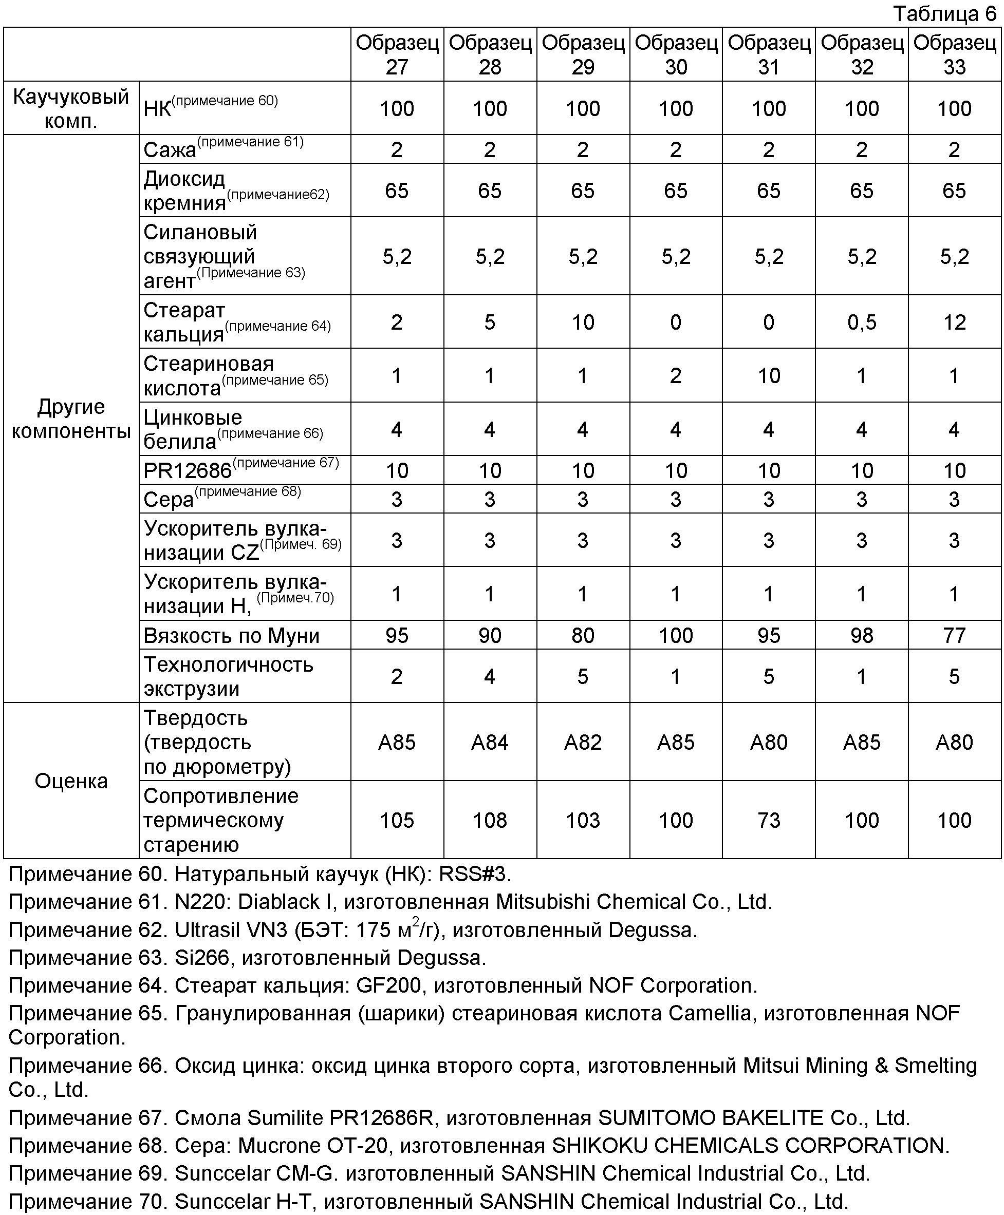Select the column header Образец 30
click(x=676, y=54)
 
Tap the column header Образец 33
click(x=954, y=54)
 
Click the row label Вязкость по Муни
click(x=231, y=636)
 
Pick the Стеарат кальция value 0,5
click(x=862, y=322)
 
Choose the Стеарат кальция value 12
click(x=954, y=322)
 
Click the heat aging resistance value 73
click(x=769, y=820)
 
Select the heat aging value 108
click(x=490, y=820)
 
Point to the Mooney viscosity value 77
click(x=954, y=636)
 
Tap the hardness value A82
click(x=583, y=742)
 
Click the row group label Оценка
click(x=71, y=781)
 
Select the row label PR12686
click(x=188, y=471)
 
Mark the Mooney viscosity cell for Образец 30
click(x=676, y=636)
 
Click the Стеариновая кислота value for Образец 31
click(x=769, y=376)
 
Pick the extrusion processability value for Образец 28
click(x=490, y=676)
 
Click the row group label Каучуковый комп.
click(x=71, y=108)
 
